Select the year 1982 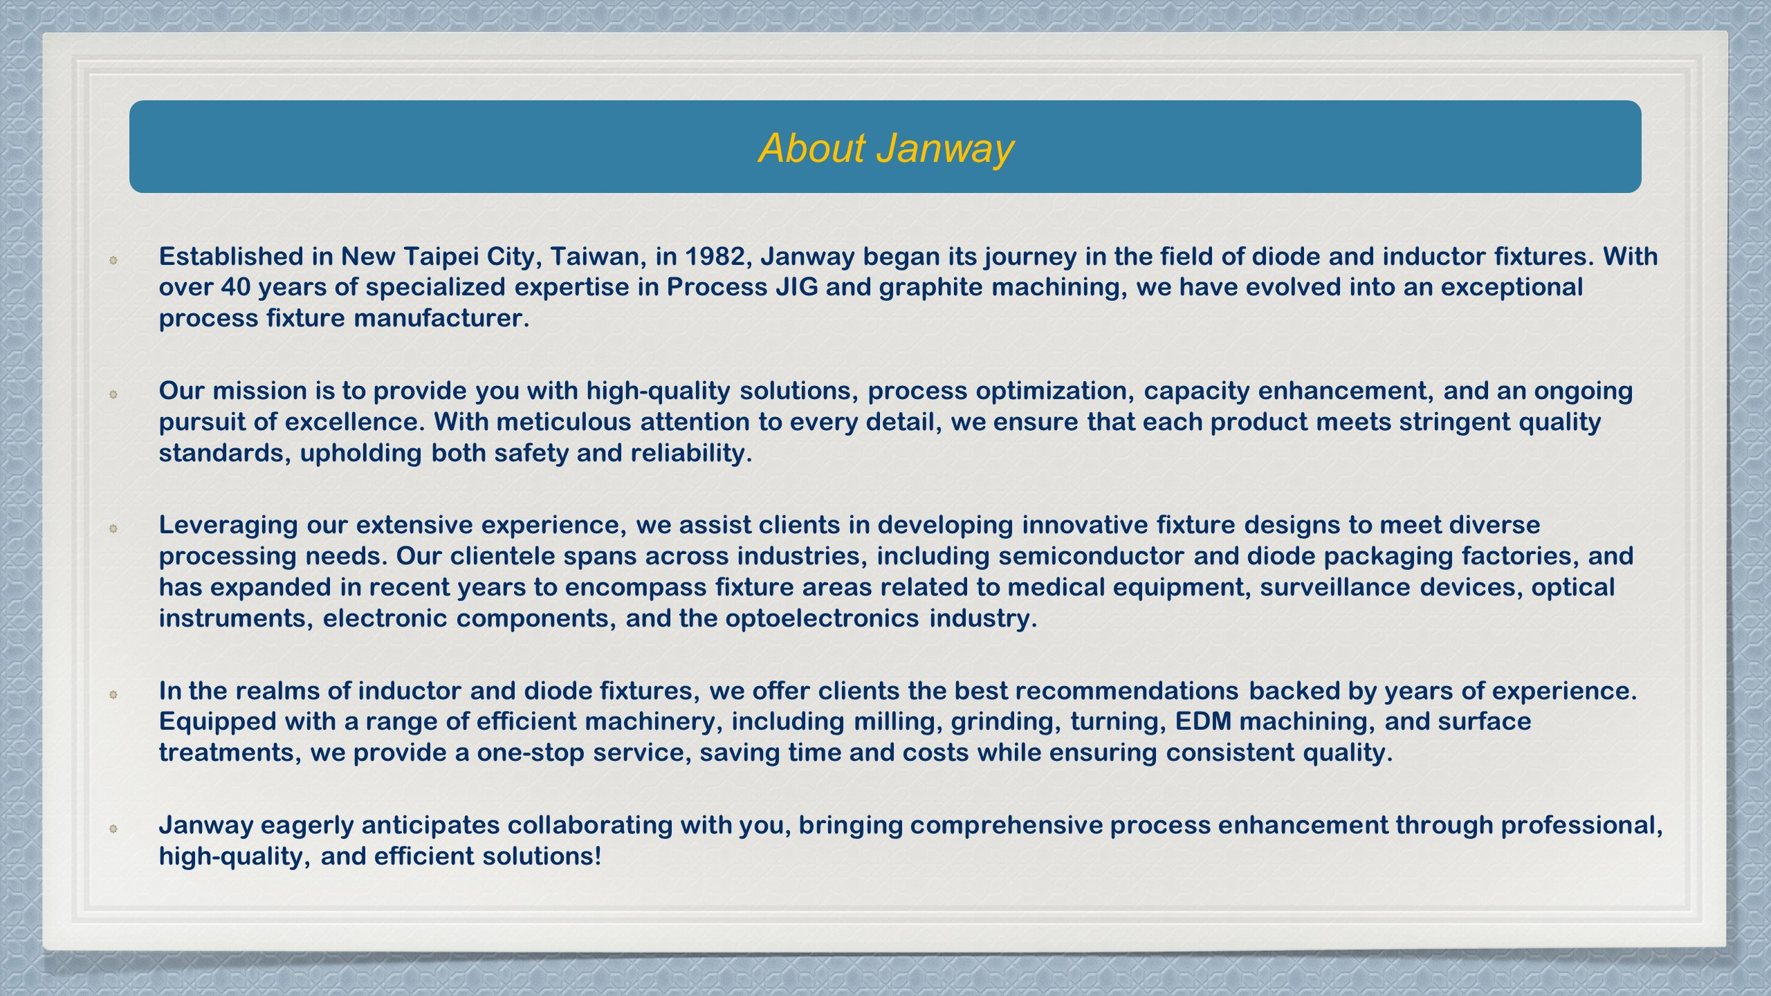[x=715, y=257]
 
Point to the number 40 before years [x=236, y=287]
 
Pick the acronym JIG [x=796, y=287]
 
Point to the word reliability [x=690, y=454]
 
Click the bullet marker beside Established [x=113, y=260]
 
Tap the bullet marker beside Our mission [x=113, y=394]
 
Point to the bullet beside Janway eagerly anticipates [x=113, y=828]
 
